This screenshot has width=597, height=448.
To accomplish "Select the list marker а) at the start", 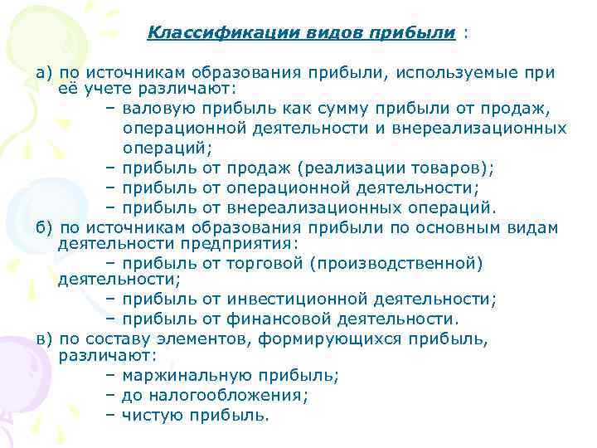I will click(x=44, y=72).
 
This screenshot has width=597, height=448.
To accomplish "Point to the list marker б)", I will click(x=44, y=226).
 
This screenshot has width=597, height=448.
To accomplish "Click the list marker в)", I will click(x=44, y=339).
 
